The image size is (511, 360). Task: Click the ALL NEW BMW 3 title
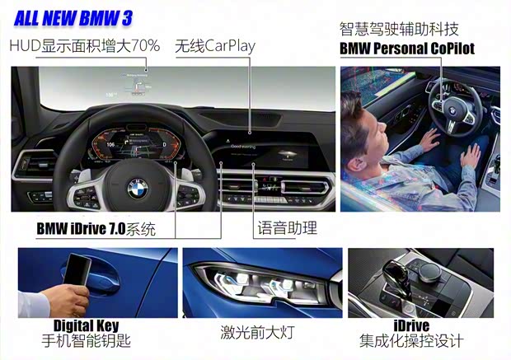pos(73,18)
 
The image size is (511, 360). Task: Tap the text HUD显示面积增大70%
pos(85,45)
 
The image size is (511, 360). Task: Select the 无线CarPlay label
pos(215,46)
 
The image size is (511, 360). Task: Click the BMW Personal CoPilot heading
pos(407,49)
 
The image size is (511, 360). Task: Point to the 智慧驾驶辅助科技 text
pos(399,29)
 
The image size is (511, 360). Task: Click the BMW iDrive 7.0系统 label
pos(96,229)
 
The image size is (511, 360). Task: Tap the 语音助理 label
pos(287,227)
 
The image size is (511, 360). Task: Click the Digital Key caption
pos(86,325)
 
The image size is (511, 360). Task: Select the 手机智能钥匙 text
pos(86,341)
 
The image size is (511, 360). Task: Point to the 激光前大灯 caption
pos(257,333)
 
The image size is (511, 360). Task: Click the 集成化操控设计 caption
pos(411,341)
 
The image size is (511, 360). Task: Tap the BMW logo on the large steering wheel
pos(137,189)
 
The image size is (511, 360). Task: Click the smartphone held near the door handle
pos(77,270)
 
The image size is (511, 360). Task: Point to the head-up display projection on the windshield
pos(136,84)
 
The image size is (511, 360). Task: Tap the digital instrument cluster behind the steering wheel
pos(135,143)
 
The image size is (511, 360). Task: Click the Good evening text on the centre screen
pos(243,147)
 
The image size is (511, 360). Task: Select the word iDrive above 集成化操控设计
pos(411,325)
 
